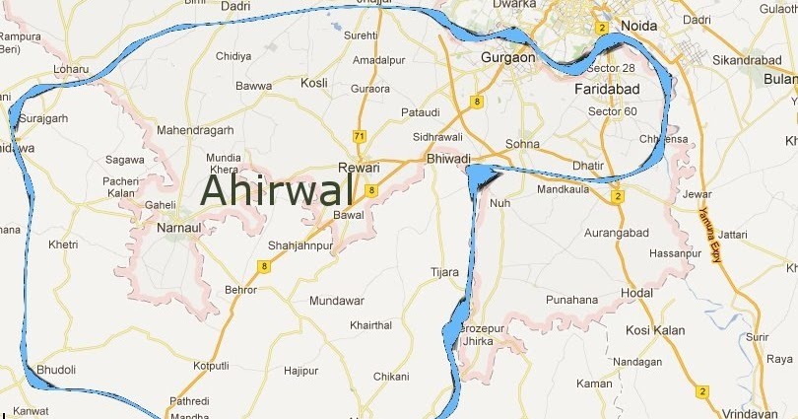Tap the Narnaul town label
[178, 228]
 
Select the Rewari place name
[359, 168]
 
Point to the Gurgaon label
[507, 58]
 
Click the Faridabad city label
[607, 89]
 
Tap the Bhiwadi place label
[448, 158]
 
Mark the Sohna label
[523, 144]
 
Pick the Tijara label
[445, 272]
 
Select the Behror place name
[240, 290]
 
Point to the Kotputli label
[212, 366]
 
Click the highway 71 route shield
[360, 135]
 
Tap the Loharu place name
[70, 70]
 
